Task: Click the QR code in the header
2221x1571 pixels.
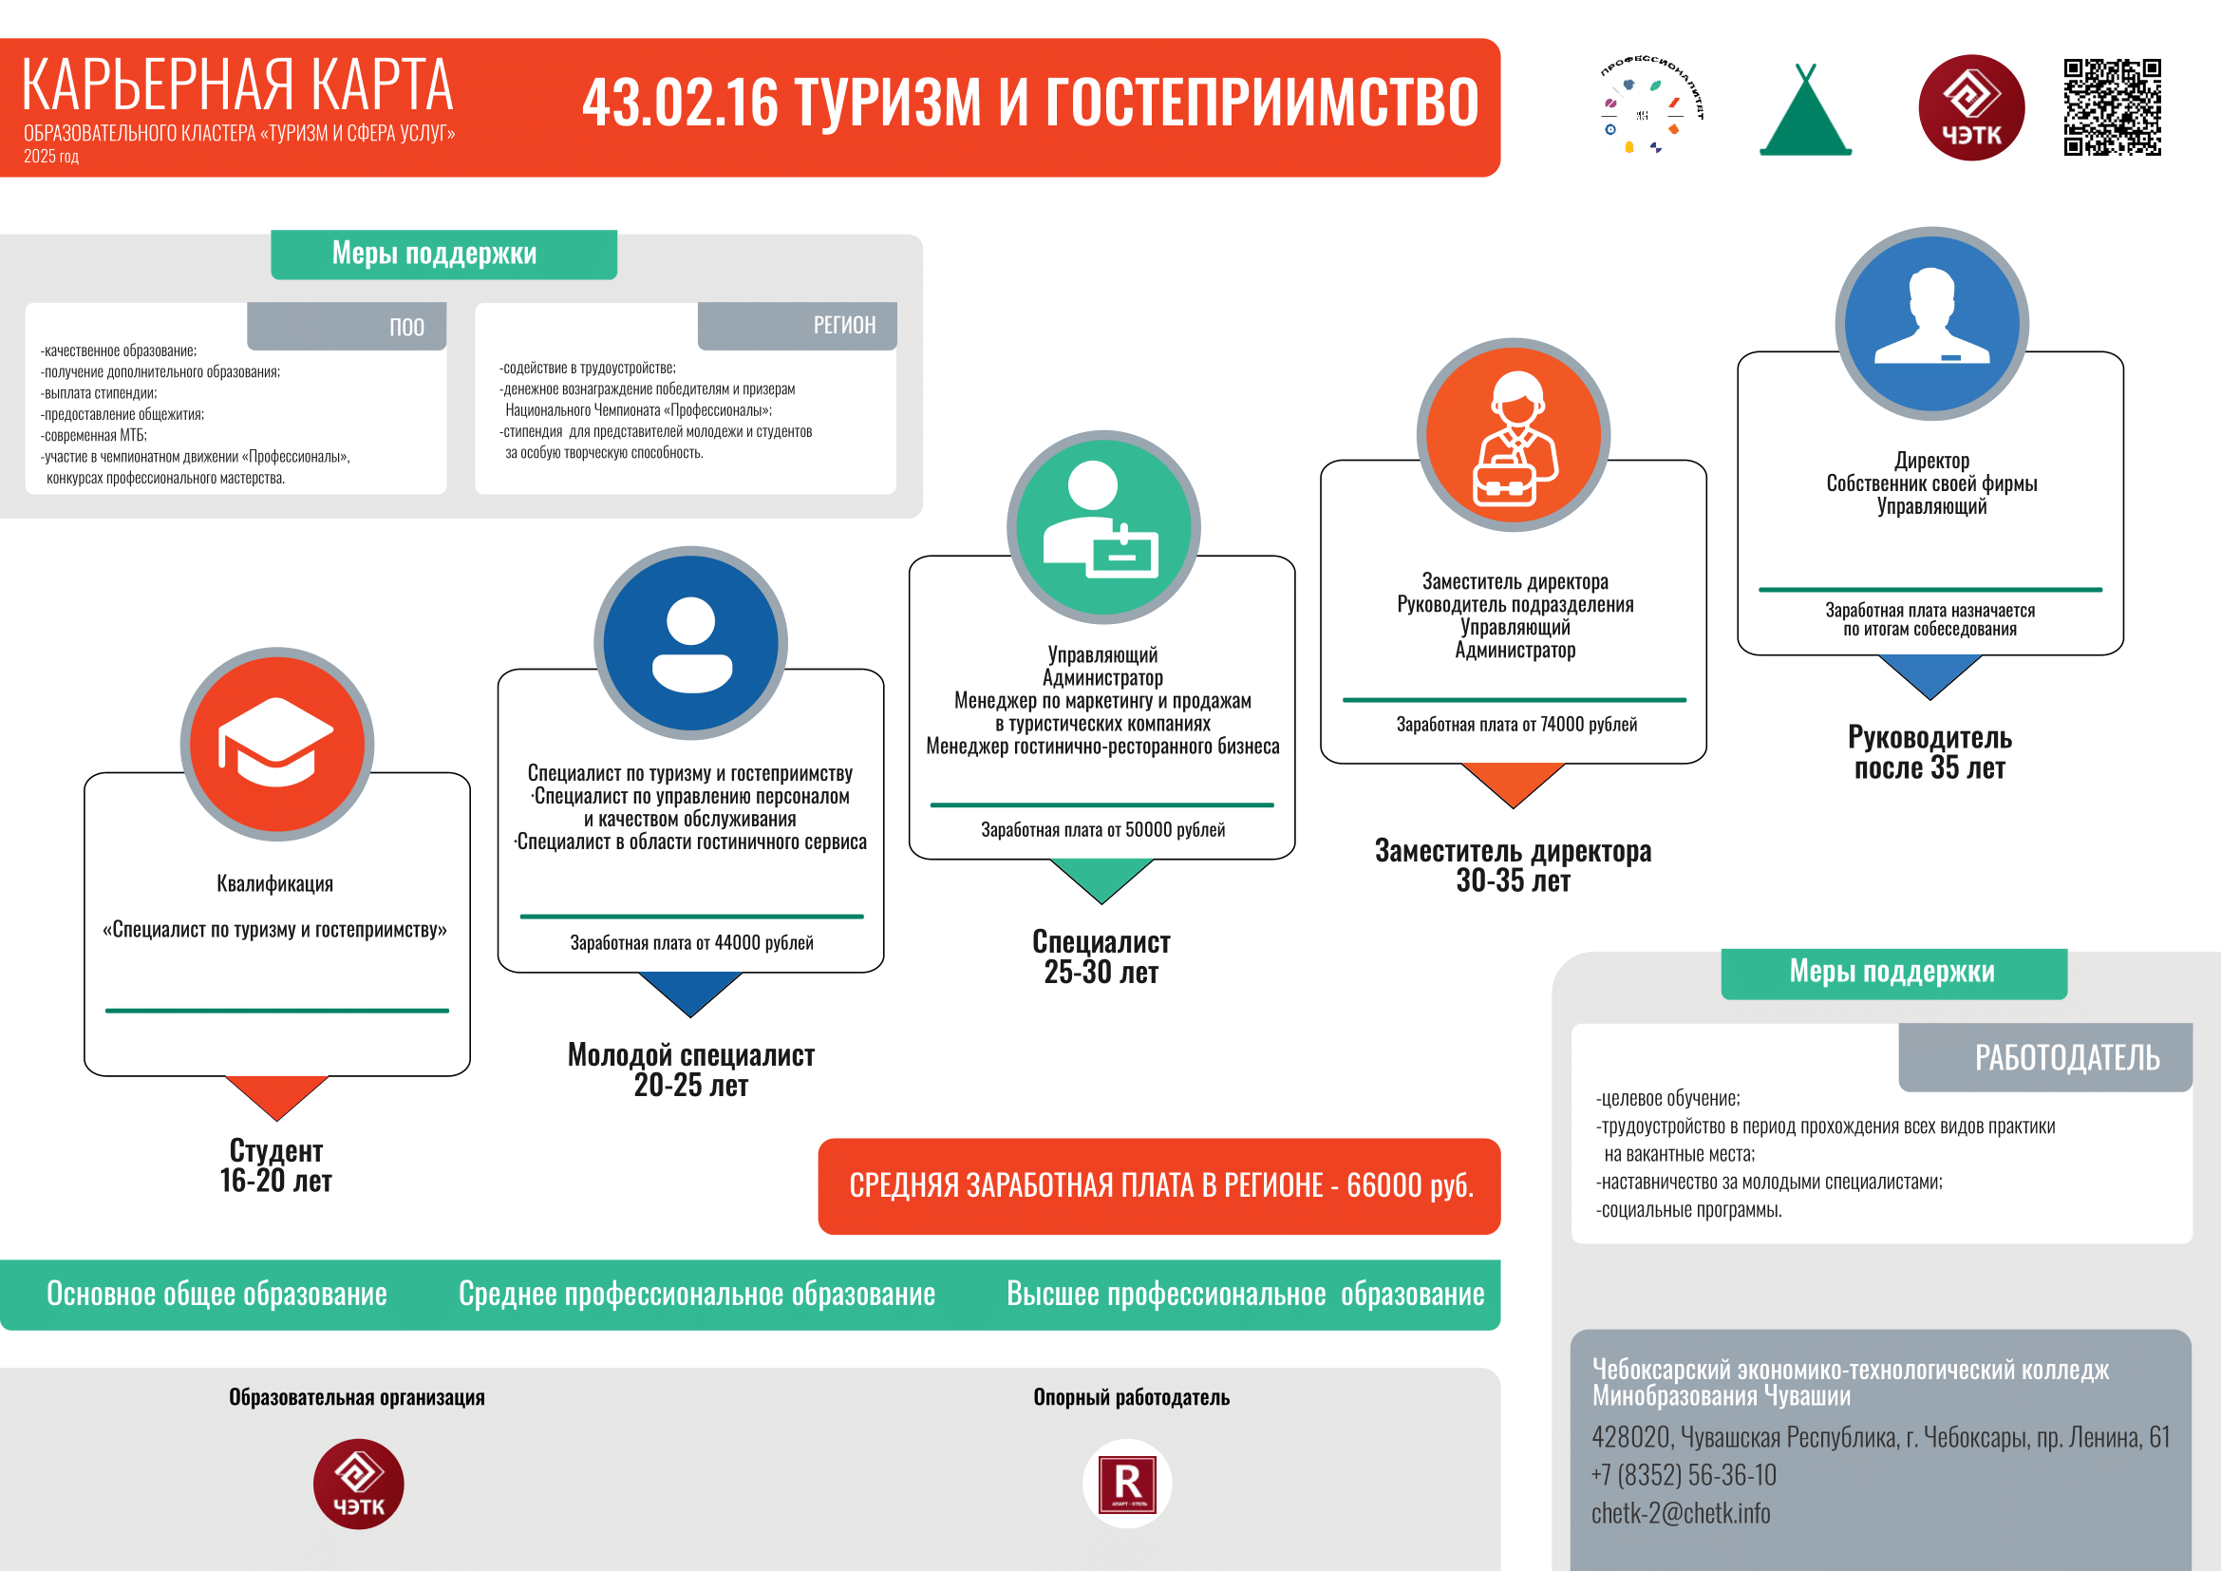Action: tap(2112, 107)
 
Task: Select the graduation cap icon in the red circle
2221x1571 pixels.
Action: tap(276, 743)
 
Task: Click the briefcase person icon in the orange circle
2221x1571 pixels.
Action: tap(1514, 437)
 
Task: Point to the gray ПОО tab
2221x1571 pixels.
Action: tap(347, 326)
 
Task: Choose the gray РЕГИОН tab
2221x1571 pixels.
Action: tap(797, 326)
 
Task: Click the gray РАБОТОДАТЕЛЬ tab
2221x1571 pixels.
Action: tap(2045, 1057)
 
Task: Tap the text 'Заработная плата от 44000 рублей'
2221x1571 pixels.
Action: tap(691, 943)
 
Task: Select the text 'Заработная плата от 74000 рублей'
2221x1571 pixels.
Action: tap(1516, 725)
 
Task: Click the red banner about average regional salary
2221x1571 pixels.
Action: tap(1158, 1186)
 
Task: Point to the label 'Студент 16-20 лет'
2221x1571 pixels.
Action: tap(275, 1165)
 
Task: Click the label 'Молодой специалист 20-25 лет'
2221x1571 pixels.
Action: tap(690, 1069)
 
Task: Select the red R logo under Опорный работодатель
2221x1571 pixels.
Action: tap(1127, 1484)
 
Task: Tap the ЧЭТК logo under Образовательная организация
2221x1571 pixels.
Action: tap(358, 1484)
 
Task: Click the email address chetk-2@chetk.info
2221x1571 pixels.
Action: tap(1682, 1514)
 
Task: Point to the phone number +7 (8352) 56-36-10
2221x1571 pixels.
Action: tap(1685, 1475)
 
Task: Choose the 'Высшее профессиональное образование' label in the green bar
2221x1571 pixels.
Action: tap(1245, 1295)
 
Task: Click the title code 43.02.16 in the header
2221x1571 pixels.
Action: tap(680, 103)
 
